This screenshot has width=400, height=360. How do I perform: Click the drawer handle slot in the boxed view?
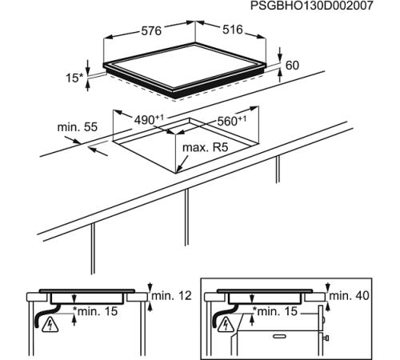pyautogui.click(x=280, y=338)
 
